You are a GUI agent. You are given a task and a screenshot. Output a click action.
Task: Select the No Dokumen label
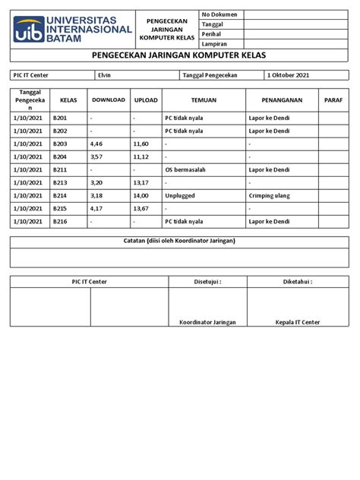(x=219, y=14)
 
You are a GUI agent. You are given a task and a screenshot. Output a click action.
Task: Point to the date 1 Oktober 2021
(x=289, y=74)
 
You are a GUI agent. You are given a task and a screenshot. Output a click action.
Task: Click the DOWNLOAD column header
(x=107, y=99)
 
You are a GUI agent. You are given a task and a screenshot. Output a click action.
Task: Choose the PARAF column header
(x=333, y=99)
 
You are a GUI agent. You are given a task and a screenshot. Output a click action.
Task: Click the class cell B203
(x=60, y=143)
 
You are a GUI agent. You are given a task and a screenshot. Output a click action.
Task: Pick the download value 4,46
(x=96, y=143)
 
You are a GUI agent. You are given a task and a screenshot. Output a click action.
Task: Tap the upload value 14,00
(x=141, y=195)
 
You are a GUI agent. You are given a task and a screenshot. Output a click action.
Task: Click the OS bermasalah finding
(x=186, y=169)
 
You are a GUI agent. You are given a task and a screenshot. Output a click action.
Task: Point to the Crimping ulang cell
(x=270, y=195)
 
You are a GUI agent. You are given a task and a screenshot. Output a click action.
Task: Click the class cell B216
(x=60, y=221)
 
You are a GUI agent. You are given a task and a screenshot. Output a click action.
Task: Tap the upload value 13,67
(x=141, y=208)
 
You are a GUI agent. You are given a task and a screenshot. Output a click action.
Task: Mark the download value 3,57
(x=96, y=156)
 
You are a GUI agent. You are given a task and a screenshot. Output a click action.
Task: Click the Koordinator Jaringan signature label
(x=207, y=322)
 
